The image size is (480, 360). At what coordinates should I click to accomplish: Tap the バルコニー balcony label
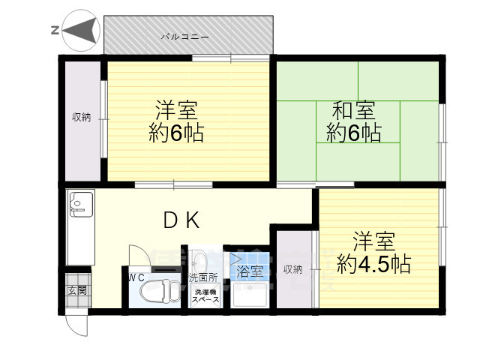click(184, 36)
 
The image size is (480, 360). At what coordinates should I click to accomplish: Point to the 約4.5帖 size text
click(373, 264)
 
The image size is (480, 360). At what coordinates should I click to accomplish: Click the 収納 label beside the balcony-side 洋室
click(81, 117)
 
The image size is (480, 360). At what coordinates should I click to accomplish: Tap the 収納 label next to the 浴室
click(292, 269)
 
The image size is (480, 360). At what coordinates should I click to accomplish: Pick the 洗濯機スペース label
click(204, 296)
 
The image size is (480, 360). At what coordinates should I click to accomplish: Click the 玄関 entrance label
click(76, 289)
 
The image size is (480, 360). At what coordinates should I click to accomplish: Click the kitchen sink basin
click(79, 202)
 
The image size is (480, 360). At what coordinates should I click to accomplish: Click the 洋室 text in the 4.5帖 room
click(373, 242)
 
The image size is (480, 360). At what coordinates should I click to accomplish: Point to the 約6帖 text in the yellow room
click(177, 133)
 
